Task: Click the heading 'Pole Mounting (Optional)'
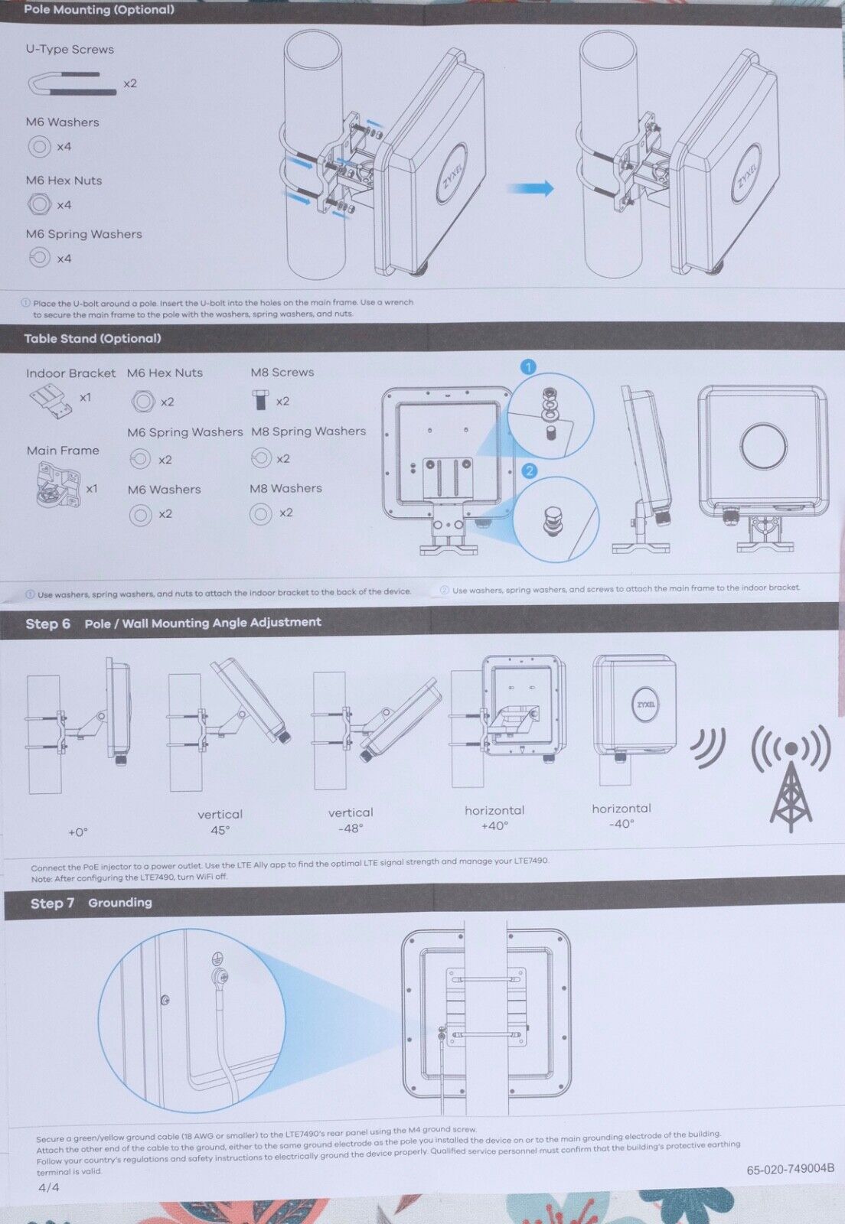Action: (x=99, y=10)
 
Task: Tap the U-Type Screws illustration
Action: (x=72, y=83)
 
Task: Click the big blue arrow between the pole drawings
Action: (x=530, y=188)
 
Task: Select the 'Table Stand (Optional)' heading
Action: (x=93, y=338)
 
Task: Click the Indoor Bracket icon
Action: (x=51, y=402)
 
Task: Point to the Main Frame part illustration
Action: (x=58, y=485)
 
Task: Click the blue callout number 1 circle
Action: (x=529, y=367)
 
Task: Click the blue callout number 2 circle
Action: (x=529, y=470)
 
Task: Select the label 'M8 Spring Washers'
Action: (x=308, y=431)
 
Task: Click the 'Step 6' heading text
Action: (x=48, y=623)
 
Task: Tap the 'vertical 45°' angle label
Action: (x=220, y=822)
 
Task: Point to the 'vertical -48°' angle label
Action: (x=351, y=820)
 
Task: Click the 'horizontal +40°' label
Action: (x=494, y=818)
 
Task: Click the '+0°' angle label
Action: (x=77, y=832)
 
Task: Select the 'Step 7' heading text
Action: (x=52, y=903)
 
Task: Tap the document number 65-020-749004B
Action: (x=791, y=1168)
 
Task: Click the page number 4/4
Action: (x=49, y=1187)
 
